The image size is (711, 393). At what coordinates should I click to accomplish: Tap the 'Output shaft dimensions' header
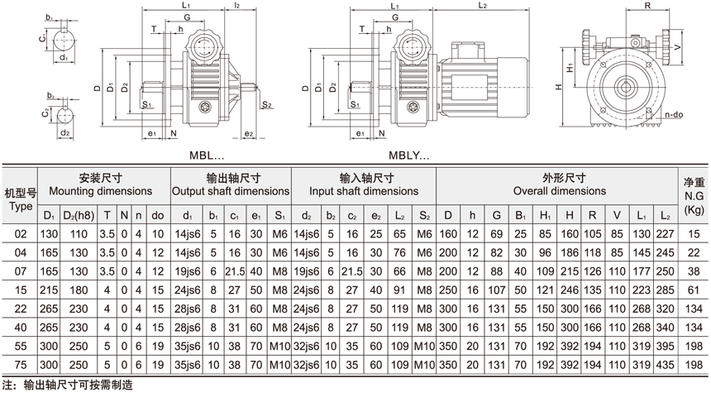pos(231,190)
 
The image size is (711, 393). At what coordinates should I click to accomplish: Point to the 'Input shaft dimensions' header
pos(363,190)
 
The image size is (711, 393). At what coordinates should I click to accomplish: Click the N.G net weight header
pos(694,197)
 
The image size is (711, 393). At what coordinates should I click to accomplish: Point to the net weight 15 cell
pos(694,234)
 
